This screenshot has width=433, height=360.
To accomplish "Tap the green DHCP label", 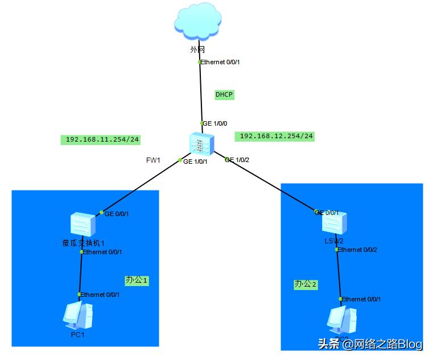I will [x=224, y=95].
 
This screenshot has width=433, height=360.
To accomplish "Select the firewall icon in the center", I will [x=201, y=143].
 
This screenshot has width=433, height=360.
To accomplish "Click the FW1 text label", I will [x=153, y=160].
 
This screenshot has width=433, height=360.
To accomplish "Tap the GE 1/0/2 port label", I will [x=238, y=160].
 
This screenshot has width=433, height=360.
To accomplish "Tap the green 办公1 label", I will [x=137, y=280].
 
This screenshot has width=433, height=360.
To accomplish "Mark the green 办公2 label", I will [x=306, y=284].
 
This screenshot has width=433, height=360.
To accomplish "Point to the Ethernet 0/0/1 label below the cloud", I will [x=220, y=62].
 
